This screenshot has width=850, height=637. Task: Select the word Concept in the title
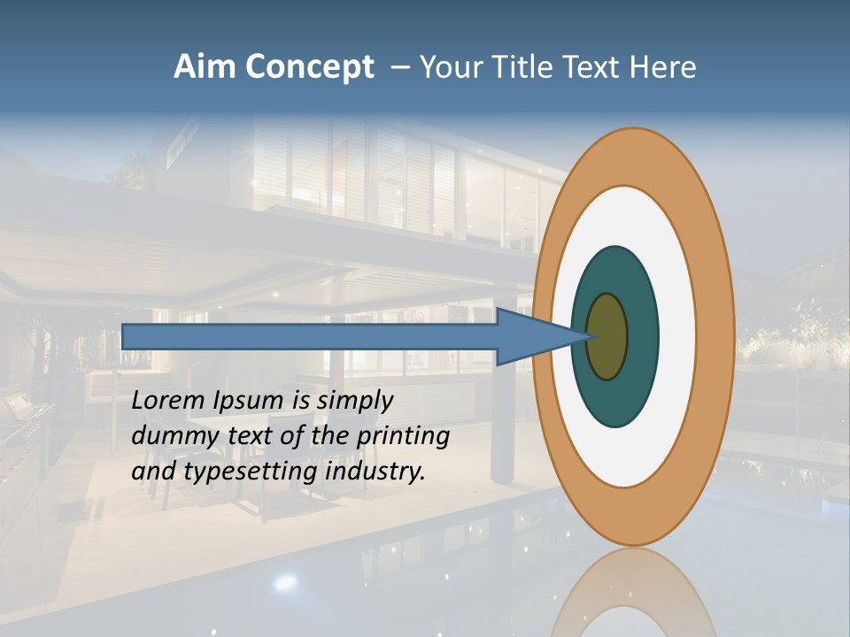click(309, 68)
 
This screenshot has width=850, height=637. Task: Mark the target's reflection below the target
click(632, 593)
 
